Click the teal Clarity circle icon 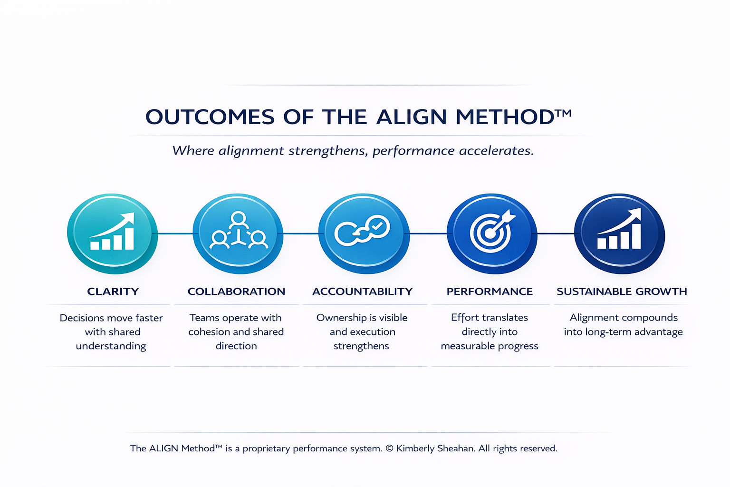(x=112, y=234)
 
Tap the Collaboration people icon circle (x=238, y=234)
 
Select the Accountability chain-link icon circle (x=364, y=234)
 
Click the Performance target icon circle (x=492, y=234)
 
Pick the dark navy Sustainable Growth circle (x=619, y=234)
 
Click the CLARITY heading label (x=113, y=292)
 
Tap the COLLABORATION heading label (x=236, y=292)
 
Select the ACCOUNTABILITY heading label (x=363, y=292)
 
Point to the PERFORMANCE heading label (x=490, y=292)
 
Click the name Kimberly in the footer (x=416, y=448)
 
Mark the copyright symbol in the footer (x=390, y=448)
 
